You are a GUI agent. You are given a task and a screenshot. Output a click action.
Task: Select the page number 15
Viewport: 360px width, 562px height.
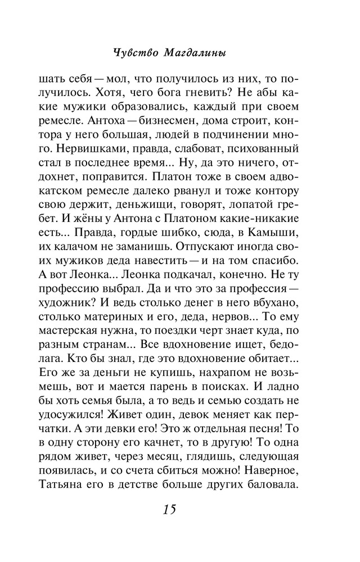[169, 510]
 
